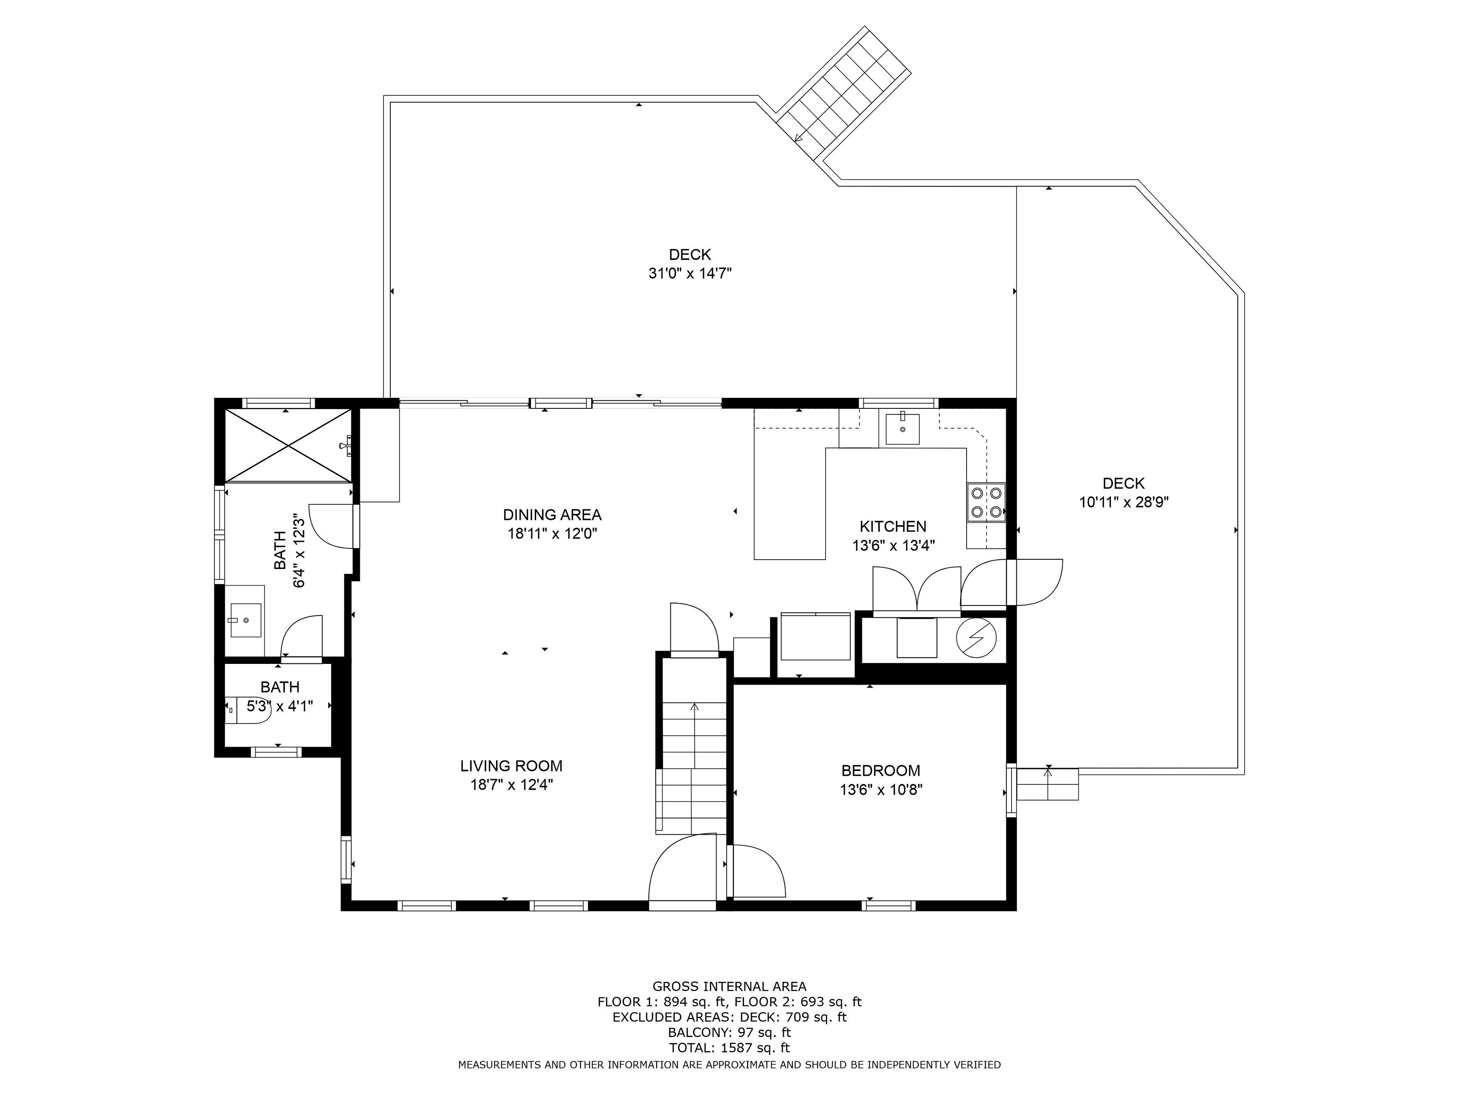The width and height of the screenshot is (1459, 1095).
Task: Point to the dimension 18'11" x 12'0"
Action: click(552, 533)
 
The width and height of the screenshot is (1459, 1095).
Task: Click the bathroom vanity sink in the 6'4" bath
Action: click(245, 620)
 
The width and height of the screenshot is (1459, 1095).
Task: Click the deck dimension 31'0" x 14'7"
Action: click(690, 273)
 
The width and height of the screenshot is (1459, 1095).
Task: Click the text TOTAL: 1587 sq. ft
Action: click(729, 1048)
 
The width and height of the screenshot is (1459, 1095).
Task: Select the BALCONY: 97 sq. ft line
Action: click(729, 1032)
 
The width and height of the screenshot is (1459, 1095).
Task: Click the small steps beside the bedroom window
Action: click(1048, 784)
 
